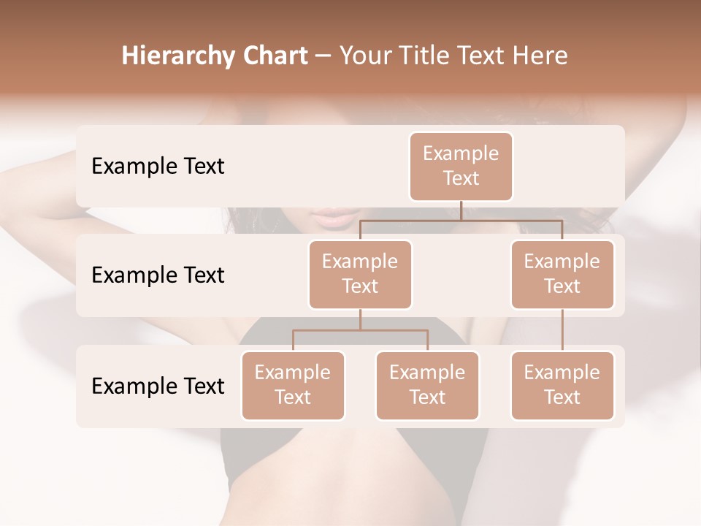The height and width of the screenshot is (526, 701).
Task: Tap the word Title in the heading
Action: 428,56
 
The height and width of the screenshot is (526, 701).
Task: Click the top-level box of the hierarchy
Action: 461,166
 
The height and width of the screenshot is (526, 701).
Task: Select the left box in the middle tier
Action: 360,274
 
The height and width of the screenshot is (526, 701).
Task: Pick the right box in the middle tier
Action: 562,274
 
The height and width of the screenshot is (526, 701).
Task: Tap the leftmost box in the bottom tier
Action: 293,385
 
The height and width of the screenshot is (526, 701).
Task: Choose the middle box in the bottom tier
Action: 427,385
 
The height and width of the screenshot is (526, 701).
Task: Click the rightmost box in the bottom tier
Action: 562,385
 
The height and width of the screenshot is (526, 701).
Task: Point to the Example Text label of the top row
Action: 158,167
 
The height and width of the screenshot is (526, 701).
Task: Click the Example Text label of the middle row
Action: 158,275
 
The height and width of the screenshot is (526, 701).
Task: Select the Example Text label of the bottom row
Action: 158,386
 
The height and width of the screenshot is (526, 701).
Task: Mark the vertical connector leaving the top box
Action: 461,210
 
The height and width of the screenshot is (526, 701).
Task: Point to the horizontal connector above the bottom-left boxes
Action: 360,330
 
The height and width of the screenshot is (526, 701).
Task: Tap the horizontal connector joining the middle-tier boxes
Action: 461,219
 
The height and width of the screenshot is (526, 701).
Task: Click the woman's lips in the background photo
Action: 337,217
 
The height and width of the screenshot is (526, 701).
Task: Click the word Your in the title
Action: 366,56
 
